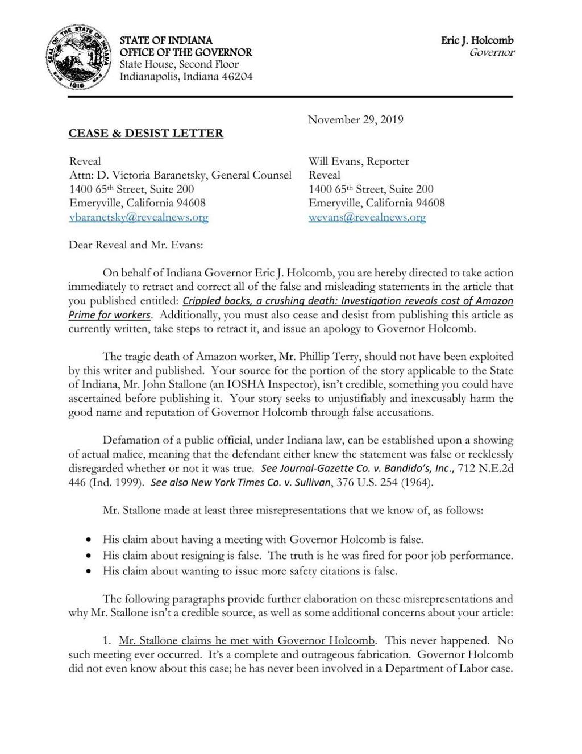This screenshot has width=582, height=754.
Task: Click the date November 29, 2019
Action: (x=355, y=119)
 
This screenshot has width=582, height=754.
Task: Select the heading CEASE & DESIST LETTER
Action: (x=145, y=134)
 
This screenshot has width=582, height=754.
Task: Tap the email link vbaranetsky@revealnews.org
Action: (x=139, y=217)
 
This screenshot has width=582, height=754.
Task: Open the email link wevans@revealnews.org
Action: (x=367, y=217)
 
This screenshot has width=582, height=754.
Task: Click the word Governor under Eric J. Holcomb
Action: (x=492, y=53)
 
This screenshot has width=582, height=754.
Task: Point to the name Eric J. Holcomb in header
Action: (x=477, y=40)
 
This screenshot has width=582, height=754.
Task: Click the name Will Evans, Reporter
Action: (x=359, y=161)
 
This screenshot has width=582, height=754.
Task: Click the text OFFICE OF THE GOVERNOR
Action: (x=185, y=52)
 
